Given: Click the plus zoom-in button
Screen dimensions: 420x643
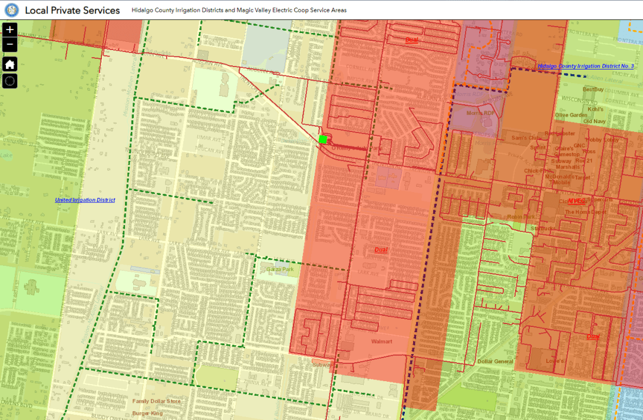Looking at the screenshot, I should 10,29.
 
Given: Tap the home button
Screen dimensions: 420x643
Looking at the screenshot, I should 10,64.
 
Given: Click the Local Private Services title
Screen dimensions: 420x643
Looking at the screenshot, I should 72,10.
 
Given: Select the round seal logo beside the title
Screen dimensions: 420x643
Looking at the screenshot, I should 12,10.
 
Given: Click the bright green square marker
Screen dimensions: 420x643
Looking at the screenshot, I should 322,139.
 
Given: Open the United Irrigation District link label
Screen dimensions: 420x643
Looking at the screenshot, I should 85,200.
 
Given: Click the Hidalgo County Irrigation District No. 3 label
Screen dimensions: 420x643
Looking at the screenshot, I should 585,67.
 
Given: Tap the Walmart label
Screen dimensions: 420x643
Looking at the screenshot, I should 381,342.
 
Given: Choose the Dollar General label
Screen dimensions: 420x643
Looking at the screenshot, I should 495,362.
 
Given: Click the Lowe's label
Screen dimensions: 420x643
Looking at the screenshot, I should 553,361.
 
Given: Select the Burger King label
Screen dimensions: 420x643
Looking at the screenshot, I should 147,414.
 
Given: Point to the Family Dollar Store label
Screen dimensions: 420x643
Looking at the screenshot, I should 156,402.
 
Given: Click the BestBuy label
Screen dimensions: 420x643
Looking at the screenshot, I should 593,90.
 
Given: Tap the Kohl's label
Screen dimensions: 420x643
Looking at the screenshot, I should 595,109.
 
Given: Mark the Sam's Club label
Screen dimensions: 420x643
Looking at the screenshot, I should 526,138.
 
